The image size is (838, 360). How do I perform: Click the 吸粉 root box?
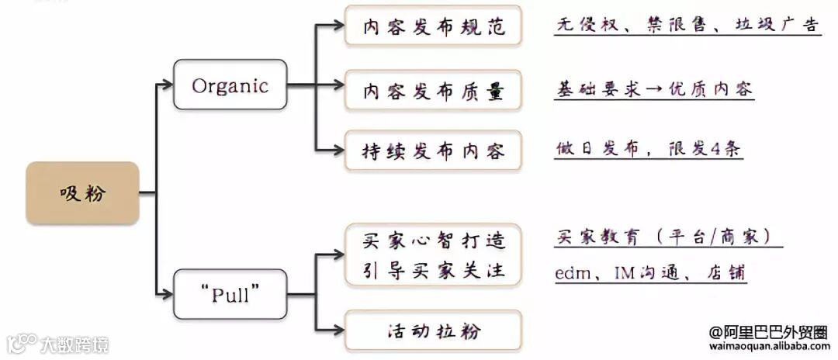[x=82, y=193]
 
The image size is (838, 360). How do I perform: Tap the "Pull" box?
[x=230, y=295]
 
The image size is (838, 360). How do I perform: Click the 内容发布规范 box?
[x=434, y=27]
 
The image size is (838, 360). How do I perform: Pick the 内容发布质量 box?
[x=434, y=91]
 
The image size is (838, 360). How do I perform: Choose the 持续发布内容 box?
[x=434, y=150]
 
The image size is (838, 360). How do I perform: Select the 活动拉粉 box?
[x=434, y=331]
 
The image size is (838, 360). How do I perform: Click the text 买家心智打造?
[x=434, y=241]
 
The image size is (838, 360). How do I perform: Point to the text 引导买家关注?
[x=434, y=271]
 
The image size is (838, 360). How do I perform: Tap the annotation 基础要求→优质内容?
[x=653, y=88]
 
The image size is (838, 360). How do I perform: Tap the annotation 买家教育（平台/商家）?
[x=668, y=237]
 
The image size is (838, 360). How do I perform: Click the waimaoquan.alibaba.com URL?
[x=769, y=347]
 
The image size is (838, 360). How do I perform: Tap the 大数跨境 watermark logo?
[x=58, y=344]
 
